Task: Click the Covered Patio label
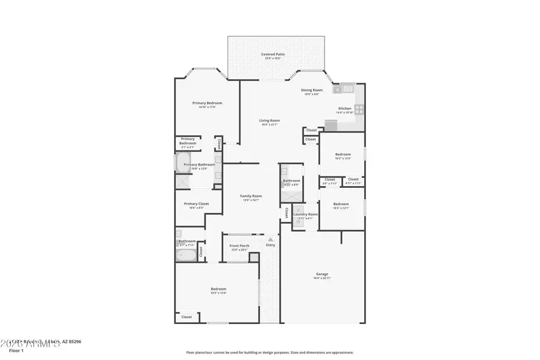point(272,55)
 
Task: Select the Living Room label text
point(269,121)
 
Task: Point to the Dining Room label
point(311,90)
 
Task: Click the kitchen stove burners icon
point(358,109)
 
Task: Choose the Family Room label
point(251,196)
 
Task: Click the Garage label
point(322,275)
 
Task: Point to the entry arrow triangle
point(271,239)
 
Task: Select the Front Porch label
point(239,246)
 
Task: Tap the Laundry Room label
point(305,214)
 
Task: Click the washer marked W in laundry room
point(298,222)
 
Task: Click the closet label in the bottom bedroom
point(187,317)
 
